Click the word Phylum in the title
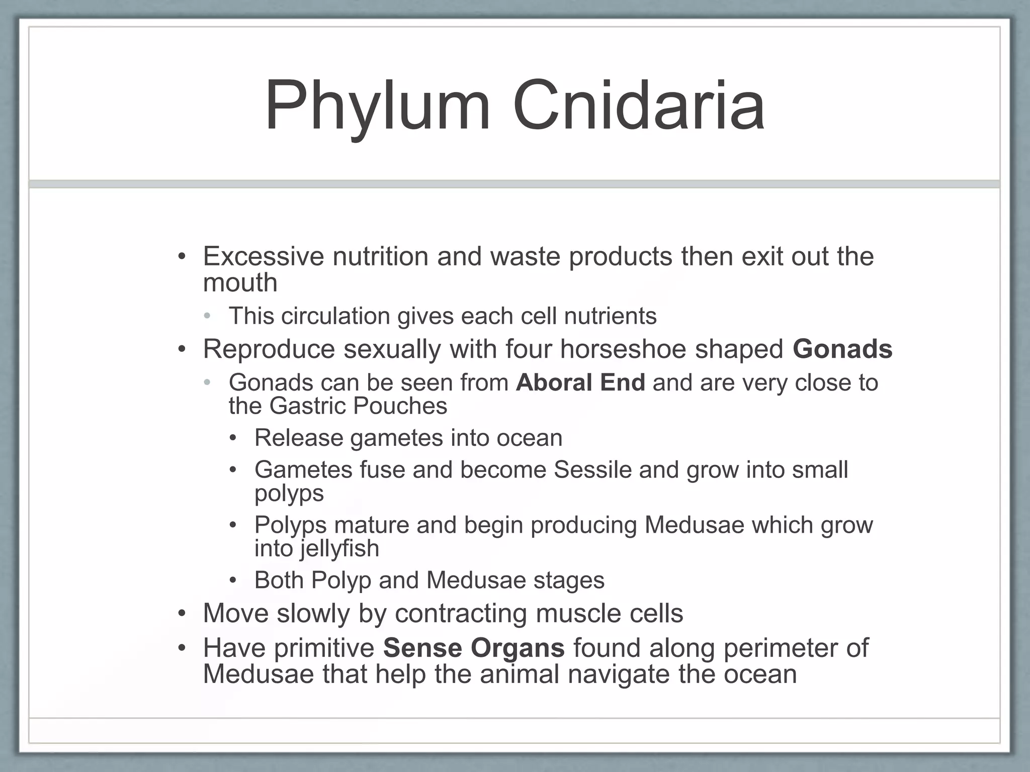click(377, 107)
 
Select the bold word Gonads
click(842, 349)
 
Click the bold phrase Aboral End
click(580, 382)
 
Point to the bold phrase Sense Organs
click(473, 648)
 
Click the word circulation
click(335, 316)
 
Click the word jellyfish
click(340, 548)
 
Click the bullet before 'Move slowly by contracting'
click(182, 614)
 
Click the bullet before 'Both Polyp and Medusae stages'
click(233, 581)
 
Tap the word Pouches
click(400, 406)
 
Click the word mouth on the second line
click(240, 283)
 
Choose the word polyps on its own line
click(289, 494)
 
